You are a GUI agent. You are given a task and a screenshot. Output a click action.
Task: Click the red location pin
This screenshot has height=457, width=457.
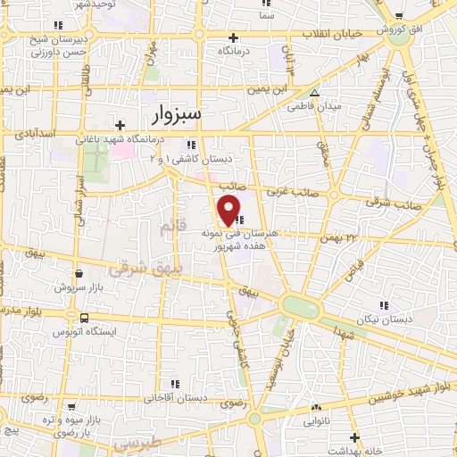(228, 211)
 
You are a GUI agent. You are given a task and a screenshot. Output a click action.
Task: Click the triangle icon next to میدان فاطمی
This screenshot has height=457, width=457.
(313, 91)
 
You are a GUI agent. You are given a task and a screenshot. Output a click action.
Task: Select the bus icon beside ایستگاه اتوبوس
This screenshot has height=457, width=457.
(83, 318)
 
